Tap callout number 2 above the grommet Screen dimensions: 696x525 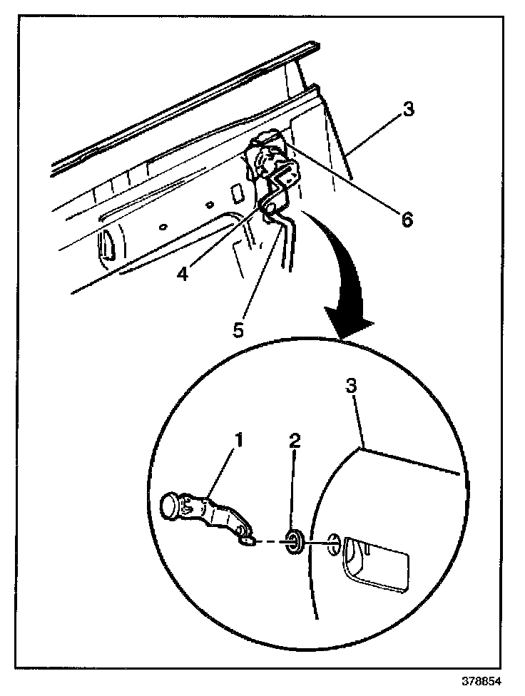[295, 440]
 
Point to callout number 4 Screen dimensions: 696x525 [183, 273]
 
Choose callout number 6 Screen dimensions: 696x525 [406, 220]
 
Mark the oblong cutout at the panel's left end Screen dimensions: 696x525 [107, 244]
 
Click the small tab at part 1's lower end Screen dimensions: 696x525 [245, 541]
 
